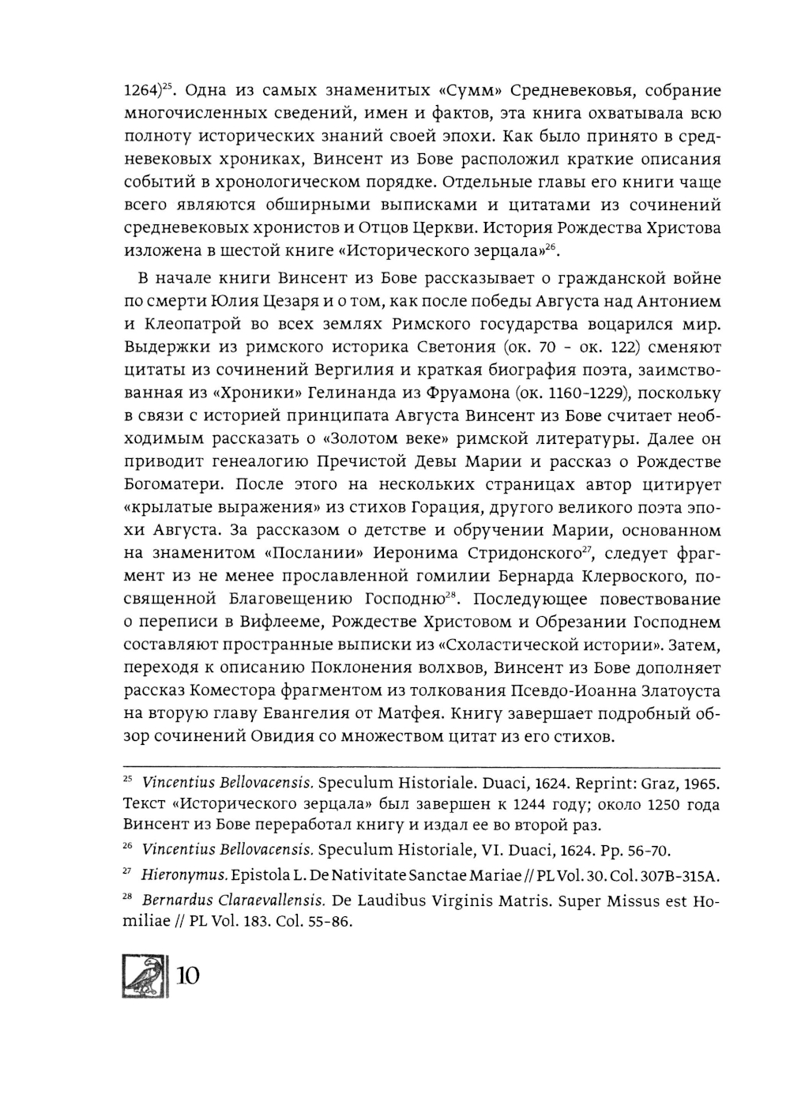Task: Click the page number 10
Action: tap(188, 976)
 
